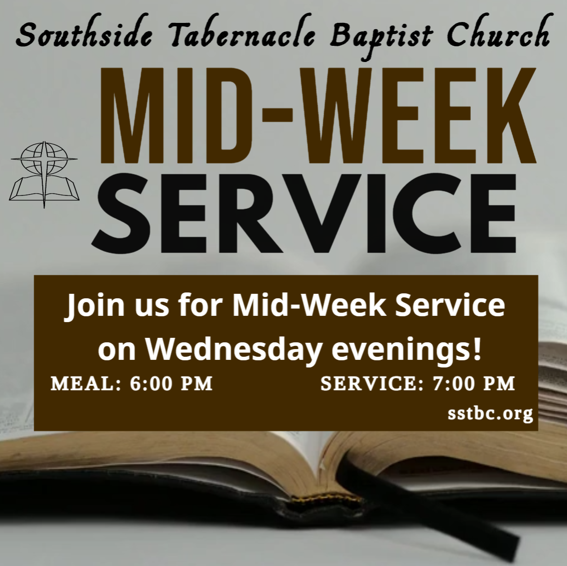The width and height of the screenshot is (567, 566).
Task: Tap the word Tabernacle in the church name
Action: point(242,37)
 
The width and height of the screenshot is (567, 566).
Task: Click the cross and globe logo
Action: point(44,175)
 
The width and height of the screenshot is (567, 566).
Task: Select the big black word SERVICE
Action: point(304,213)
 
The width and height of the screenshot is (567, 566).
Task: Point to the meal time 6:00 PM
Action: point(171,384)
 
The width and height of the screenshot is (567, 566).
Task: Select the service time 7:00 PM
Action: point(474,384)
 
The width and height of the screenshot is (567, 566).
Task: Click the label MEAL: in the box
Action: point(86,384)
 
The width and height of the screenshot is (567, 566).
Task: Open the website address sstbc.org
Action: point(490,414)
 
